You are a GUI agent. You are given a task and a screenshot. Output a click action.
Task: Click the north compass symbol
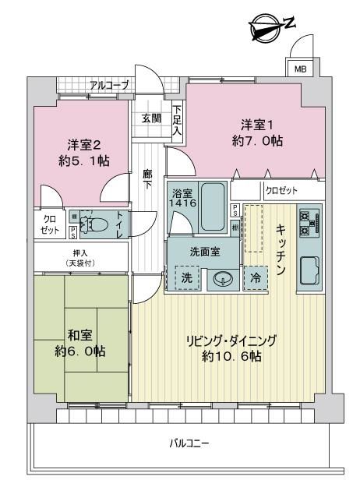[266, 27]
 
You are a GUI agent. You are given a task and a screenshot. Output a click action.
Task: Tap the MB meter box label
[300, 69]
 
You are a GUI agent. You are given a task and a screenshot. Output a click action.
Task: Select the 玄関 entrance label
[151, 118]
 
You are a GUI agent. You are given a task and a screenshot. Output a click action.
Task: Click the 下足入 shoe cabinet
[177, 120]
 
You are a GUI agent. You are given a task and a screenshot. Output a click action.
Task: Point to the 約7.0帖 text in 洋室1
[257, 141]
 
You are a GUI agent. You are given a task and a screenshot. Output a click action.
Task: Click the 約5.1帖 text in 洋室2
[84, 161]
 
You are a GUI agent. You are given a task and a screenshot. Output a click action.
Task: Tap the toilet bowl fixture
[94, 224]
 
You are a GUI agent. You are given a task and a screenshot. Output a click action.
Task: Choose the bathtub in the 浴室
[213, 207]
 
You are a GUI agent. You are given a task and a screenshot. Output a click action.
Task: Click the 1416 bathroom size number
[182, 203]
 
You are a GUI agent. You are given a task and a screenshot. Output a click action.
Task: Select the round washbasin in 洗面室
[223, 279]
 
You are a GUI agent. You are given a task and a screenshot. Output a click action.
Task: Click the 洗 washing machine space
[187, 277]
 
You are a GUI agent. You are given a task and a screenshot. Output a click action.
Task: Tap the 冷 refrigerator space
[256, 278]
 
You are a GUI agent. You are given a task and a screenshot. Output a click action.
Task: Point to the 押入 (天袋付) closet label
[80, 258]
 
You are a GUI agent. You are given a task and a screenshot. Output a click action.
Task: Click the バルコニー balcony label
[189, 443]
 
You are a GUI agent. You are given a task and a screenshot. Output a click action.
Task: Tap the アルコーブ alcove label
[109, 85]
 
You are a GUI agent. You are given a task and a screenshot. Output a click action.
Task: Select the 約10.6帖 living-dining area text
[231, 356]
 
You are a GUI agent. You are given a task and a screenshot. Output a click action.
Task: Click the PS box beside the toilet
[73, 233]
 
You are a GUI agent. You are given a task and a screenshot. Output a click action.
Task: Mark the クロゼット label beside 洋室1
[281, 191]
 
